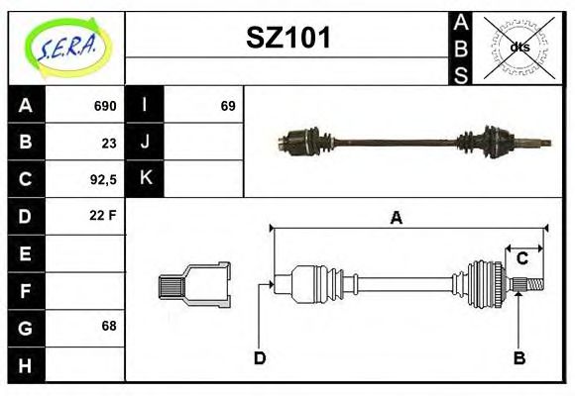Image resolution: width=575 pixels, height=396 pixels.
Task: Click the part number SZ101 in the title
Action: tap(287, 38)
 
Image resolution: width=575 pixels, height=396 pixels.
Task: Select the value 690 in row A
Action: tap(105, 106)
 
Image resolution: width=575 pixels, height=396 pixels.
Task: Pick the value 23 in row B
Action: tap(108, 143)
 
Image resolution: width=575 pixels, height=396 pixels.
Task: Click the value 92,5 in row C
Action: tap(103, 179)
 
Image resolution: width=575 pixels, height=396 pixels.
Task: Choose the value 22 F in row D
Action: tap(104, 215)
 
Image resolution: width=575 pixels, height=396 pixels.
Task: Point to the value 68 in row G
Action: tap(107, 326)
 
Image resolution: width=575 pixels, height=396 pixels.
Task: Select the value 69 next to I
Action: tap(228, 106)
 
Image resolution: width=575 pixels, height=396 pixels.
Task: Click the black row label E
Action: tap(25, 253)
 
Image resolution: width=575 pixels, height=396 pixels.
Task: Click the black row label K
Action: tap(145, 179)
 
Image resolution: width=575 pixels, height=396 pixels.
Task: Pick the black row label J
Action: tap(145, 143)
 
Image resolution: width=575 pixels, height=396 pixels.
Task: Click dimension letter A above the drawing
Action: tap(396, 219)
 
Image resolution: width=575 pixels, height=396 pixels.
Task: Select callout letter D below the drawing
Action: tap(260, 357)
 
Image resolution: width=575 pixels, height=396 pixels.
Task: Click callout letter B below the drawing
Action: tap(518, 357)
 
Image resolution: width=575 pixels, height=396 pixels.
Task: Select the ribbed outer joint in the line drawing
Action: tap(487, 283)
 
